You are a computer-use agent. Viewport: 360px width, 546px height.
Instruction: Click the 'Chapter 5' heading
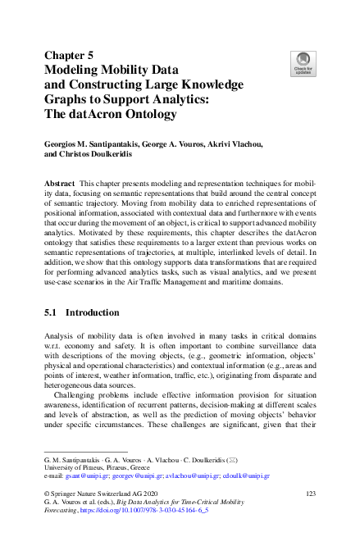[70, 55]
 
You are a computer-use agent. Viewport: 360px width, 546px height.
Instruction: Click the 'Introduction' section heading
[93, 312]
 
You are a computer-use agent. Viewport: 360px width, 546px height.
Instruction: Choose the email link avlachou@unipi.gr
[189, 475]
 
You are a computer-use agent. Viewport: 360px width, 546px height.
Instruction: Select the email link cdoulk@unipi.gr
[247, 475]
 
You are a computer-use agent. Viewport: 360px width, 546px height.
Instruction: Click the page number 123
[310, 494]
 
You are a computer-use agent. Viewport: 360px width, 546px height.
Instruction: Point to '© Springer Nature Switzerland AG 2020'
[96, 494]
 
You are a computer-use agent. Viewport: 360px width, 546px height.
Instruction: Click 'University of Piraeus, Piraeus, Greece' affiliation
[95, 466]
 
